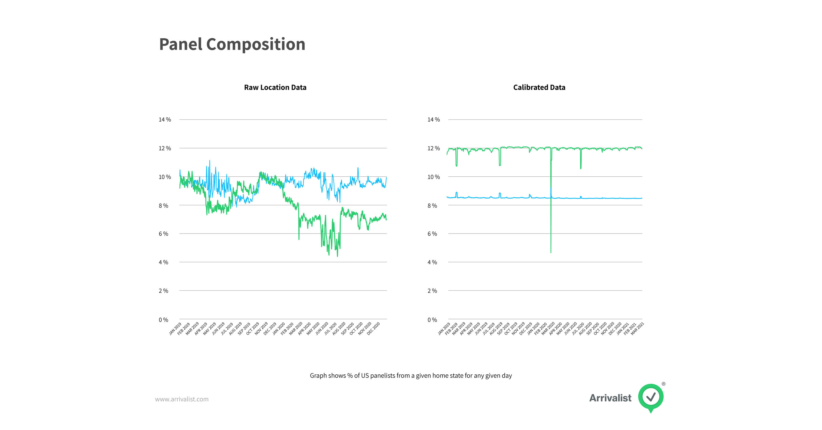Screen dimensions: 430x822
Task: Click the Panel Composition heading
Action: [232, 44]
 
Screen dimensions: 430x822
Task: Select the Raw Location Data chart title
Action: [275, 87]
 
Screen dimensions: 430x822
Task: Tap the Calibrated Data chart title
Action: [539, 87]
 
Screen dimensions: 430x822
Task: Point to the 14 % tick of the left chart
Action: [165, 120]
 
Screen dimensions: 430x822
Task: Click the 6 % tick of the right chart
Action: [432, 234]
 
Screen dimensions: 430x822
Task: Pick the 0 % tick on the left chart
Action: [163, 320]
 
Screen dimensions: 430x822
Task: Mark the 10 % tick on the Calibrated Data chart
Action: [433, 177]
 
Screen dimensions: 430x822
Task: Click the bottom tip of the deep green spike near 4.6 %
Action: [551, 252]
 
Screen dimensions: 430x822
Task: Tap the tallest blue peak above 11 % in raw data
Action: [210, 161]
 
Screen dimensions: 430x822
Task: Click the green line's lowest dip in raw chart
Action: [337, 256]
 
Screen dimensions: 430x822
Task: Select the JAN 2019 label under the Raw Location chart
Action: [175, 329]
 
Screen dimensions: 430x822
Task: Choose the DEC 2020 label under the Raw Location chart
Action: [373, 329]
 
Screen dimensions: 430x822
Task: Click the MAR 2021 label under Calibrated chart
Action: [637, 329]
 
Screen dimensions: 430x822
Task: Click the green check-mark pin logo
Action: [651, 397]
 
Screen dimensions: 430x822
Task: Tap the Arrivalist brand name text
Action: [610, 398]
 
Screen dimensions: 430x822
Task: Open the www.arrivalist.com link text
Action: [181, 399]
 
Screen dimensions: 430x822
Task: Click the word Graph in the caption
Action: [318, 376]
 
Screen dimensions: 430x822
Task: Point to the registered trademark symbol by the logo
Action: [663, 384]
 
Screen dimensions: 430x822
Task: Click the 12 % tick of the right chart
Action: [433, 148]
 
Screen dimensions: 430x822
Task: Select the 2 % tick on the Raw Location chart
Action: [163, 291]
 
